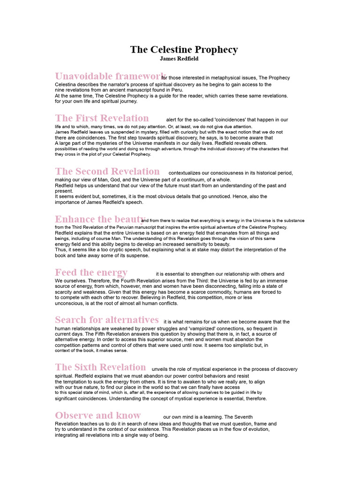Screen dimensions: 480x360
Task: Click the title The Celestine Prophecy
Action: [x=184, y=50]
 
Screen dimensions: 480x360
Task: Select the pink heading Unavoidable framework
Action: [x=110, y=76]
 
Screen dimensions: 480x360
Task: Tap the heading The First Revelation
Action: [x=102, y=118]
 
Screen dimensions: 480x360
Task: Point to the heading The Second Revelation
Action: [x=107, y=172]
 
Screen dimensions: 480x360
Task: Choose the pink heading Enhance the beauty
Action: [x=100, y=219]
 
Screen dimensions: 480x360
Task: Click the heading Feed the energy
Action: [x=91, y=272]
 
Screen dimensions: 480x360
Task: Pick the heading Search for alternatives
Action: [x=107, y=320]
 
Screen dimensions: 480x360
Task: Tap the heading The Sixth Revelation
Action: [x=100, y=367]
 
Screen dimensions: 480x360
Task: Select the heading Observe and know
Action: [x=97, y=415]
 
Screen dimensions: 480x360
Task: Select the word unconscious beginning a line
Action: [x=70, y=303]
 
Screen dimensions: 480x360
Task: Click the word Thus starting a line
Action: [x=60, y=250]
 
